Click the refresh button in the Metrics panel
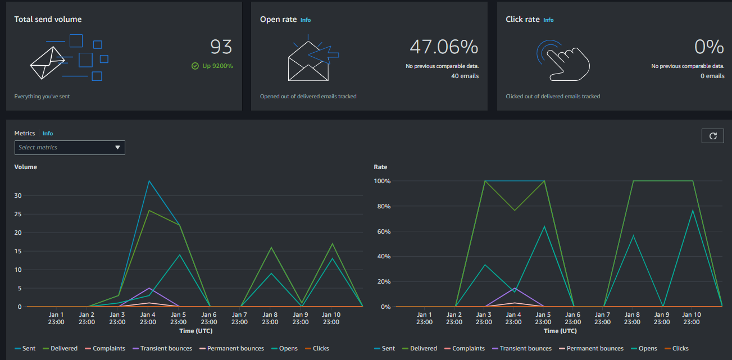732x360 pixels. [713, 136]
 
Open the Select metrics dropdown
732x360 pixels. [70, 147]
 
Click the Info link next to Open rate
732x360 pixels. [306, 20]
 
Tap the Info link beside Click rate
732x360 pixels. [548, 20]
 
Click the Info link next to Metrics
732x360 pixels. [48, 134]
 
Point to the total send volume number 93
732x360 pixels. [221, 47]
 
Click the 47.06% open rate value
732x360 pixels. [444, 47]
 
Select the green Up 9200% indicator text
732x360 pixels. [217, 66]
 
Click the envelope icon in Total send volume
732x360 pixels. [47, 62]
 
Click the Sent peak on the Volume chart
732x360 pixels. [148, 181]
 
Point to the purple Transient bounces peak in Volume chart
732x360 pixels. [148, 288]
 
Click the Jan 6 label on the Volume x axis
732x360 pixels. [209, 318]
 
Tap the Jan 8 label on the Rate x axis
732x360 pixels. [633, 318]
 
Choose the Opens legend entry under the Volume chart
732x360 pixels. [288, 348]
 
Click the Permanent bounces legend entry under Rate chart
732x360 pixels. [595, 348]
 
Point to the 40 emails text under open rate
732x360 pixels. [465, 76]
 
